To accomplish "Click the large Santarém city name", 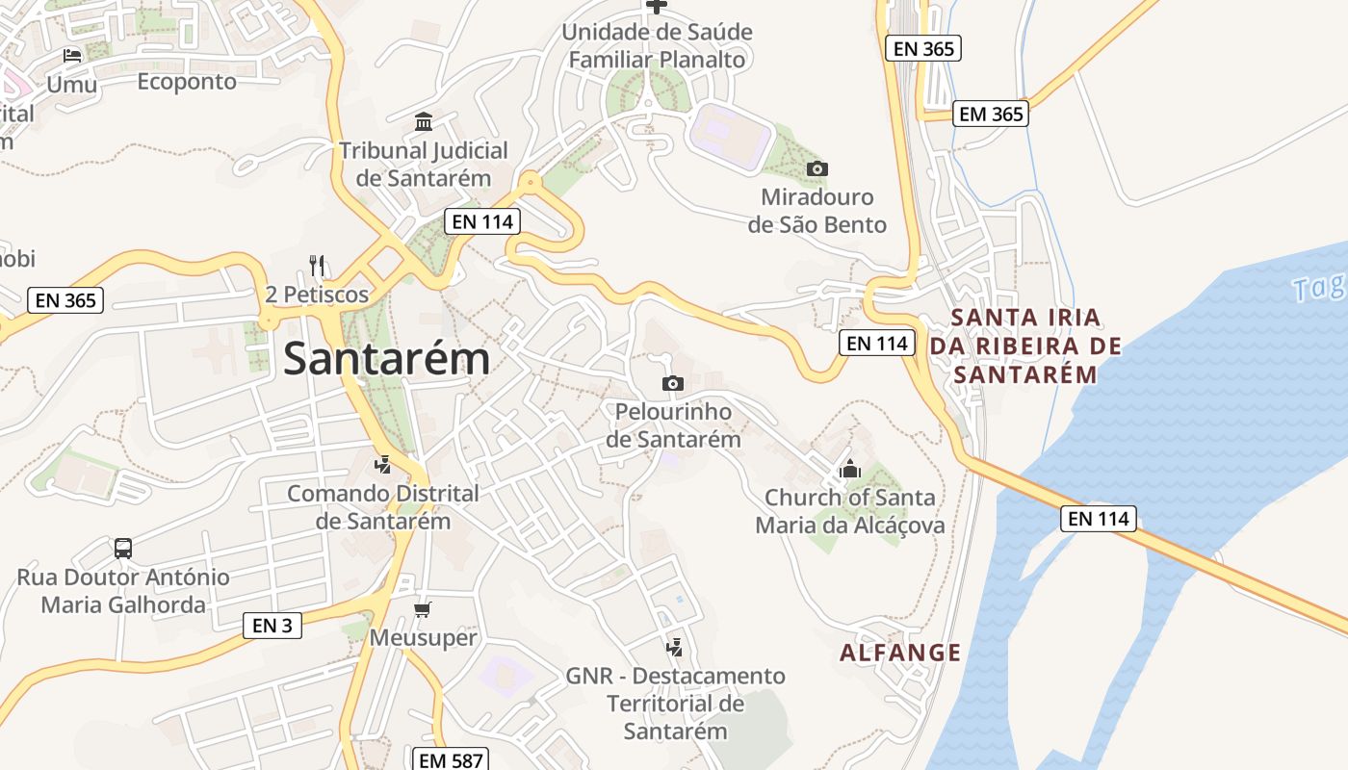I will point(386,359).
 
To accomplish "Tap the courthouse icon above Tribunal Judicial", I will point(424,122).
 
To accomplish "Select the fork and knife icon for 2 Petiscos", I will point(317,266).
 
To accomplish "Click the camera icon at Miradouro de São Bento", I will point(817,169).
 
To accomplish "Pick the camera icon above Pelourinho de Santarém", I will point(673,384).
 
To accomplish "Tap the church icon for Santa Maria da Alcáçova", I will point(849,470).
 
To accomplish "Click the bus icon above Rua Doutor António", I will point(123,549).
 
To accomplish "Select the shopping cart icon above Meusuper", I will point(423,609).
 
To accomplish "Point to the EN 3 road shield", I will point(272,626).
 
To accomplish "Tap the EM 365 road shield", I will point(992,114).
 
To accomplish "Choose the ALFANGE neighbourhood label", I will point(900,654).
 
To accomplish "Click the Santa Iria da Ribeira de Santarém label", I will point(1025,346).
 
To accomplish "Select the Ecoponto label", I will point(187,82).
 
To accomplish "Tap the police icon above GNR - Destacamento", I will point(675,647).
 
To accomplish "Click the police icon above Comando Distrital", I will point(382,465).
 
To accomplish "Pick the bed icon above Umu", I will point(72,56).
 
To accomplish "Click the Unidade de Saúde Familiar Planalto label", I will point(657,45).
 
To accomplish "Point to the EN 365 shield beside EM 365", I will point(923,48).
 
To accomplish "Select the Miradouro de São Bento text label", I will point(817,211).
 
